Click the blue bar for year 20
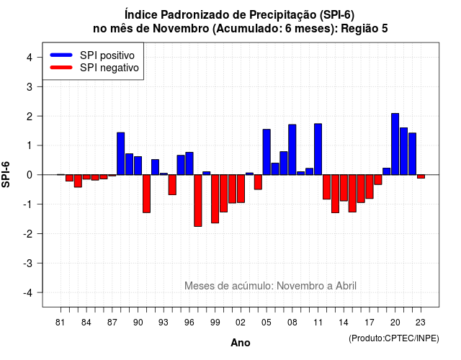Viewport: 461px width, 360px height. click(395, 144)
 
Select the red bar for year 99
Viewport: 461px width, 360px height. click(215, 199)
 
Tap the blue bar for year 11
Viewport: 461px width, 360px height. click(318, 149)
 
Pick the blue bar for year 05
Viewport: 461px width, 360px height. click(267, 152)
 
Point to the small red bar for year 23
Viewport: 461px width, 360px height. click(421, 176)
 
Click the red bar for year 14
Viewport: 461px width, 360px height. click(344, 188)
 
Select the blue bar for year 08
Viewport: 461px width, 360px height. click(292, 150)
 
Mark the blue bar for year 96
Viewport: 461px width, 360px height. click(189, 163)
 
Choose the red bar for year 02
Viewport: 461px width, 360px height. click(241, 189)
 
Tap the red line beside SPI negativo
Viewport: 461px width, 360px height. click(61, 68)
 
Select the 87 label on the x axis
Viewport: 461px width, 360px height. click(112, 323)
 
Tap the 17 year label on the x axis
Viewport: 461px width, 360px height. click(370, 323)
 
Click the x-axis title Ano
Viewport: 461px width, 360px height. click(240, 343)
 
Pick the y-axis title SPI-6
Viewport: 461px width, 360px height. click(6, 174)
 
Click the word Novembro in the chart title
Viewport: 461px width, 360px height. click(181, 29)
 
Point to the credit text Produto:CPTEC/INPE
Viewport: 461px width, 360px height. click(394, 338)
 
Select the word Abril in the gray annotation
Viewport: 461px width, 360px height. click(346, 286)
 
